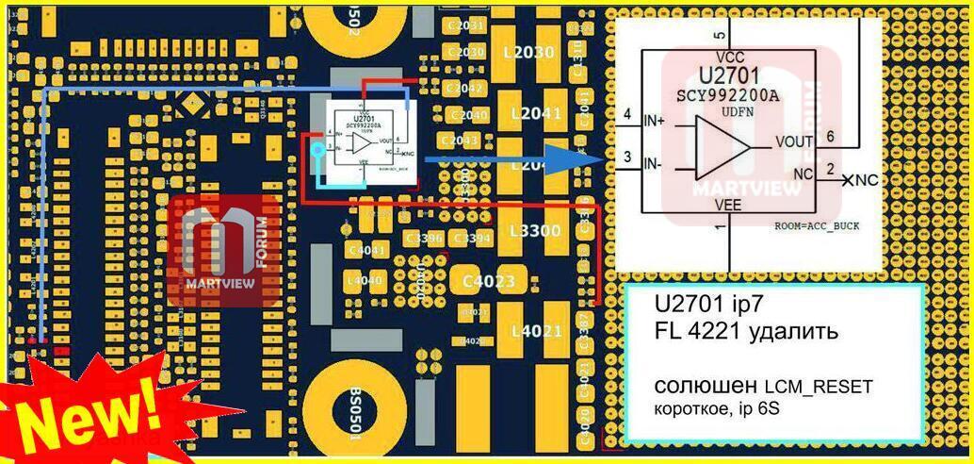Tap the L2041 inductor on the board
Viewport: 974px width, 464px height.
point(535,114)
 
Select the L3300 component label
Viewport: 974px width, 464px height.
point(534,230)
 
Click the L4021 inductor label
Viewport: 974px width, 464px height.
point(536,331)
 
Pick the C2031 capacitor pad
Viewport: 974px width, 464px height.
point(468,25)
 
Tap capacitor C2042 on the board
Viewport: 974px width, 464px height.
point(467,88)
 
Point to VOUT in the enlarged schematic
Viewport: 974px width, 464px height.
point(794,141)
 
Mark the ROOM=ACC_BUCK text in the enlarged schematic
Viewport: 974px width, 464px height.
point(818,227)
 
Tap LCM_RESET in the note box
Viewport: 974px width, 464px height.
point(819,387)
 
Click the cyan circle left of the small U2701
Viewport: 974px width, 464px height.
point(317,149)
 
